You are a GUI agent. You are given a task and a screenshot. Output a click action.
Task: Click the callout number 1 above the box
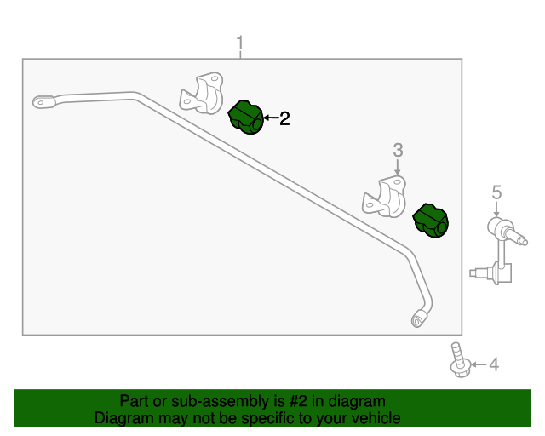[240, 43]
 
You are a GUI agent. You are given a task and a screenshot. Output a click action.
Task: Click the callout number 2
[284, 118]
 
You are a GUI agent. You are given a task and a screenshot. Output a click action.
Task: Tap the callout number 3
[398, 150]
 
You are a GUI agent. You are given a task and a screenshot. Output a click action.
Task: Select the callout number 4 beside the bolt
[494, 364]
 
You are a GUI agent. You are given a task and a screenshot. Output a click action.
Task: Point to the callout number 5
[497, 192]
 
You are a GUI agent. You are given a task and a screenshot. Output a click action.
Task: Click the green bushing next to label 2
[246, 118]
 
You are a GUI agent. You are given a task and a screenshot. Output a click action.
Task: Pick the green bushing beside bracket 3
[431, 221]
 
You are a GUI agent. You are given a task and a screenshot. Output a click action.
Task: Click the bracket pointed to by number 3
[385, 198]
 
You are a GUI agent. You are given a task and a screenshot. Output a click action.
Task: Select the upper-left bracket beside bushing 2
[202, 93]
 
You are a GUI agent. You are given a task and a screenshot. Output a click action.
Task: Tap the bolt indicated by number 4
[460, 360]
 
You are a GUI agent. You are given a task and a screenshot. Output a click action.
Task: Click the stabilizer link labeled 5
[499, 251]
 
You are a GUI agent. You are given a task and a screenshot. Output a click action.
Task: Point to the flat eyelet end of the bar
[43, 102]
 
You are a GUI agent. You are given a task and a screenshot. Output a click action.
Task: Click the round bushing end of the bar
[419, 318]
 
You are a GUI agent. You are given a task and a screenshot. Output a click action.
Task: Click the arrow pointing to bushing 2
[271, 118]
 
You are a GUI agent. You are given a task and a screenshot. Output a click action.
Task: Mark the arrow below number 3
[398, 167]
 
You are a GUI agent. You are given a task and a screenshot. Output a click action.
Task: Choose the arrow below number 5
[496, 209]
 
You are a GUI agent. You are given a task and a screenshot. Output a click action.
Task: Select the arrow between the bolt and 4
[479, 364]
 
